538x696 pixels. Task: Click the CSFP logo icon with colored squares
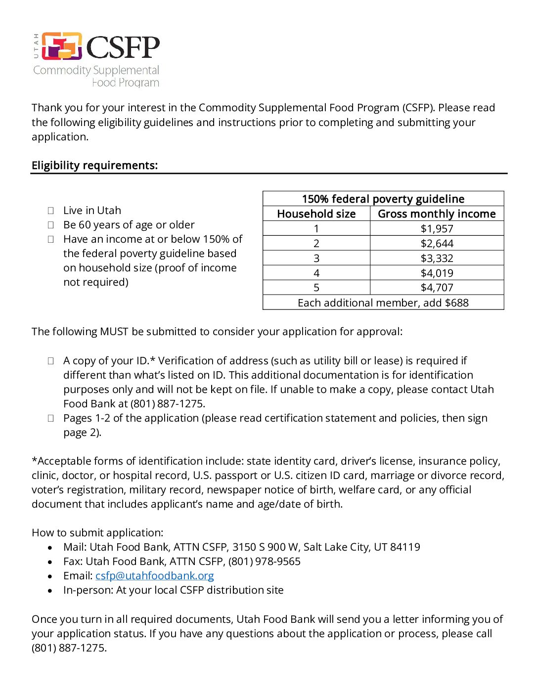(62, 46)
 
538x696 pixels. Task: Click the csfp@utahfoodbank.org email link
(154, 576)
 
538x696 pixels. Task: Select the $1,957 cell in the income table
(437, 228)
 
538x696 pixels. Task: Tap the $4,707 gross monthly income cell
(437, 288)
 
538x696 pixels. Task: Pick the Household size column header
(316, 214)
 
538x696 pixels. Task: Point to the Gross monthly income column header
(437, 214)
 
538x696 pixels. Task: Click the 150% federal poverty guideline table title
(383, 199)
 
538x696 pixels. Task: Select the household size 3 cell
(316, 258)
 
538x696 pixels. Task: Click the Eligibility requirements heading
(94, 165)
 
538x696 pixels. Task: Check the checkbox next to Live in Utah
(50, 211)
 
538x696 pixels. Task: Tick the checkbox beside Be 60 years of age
(50, 225)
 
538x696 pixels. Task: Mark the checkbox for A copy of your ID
(50, 361)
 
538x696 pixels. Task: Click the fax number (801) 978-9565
(264, 562)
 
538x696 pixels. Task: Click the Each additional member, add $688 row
(383, 303)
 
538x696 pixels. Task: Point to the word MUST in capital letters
(114, 332)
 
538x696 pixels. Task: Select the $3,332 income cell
(437, 258)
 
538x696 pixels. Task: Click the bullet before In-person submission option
(50, 591)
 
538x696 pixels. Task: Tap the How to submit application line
(97, 533)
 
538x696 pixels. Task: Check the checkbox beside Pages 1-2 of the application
(50, 418)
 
